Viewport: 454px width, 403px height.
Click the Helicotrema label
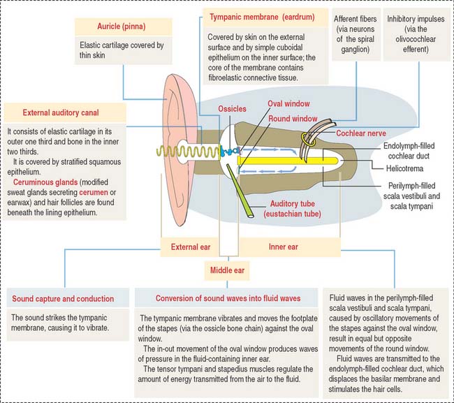pos(400,168)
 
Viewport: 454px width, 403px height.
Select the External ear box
pos(191,247)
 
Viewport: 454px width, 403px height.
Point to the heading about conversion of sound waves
pos(221,298)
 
